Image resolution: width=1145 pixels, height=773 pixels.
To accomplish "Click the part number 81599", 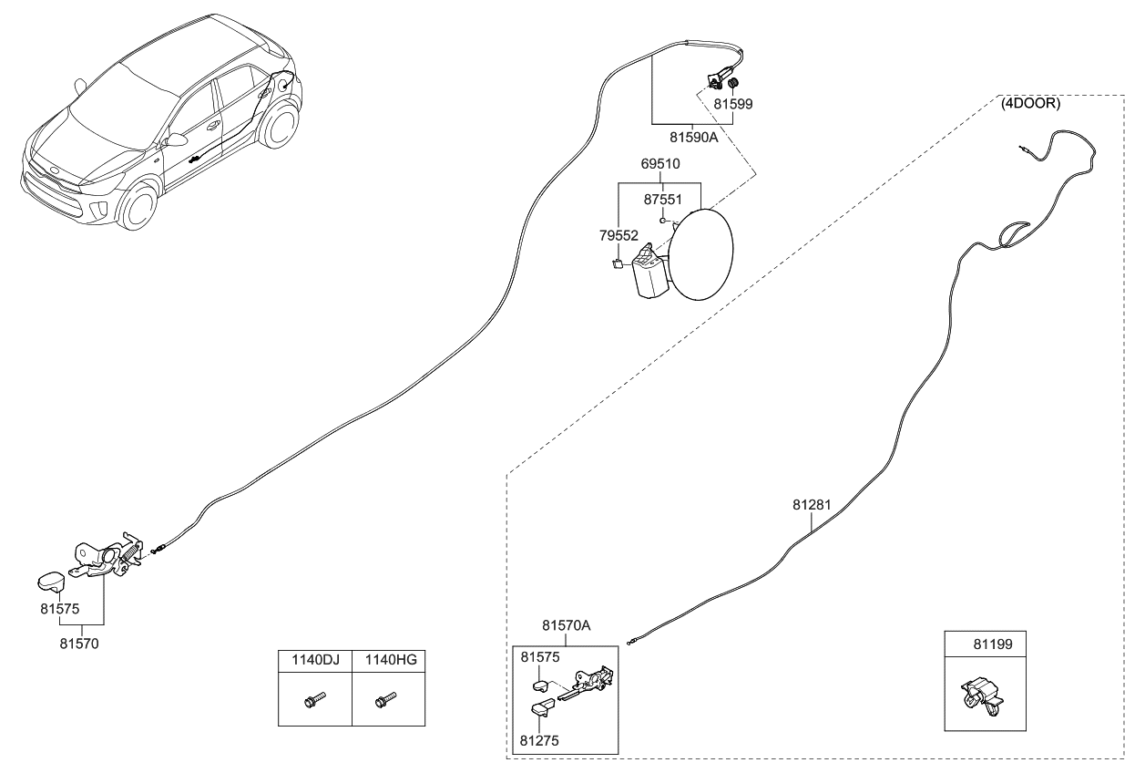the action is pyautogui.click(x=733, y=104).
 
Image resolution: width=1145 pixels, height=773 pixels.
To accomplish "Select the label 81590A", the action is pyautogui.click(x=693, y=137).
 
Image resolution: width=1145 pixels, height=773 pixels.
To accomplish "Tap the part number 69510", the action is pyautogui.click(x=660, y=164).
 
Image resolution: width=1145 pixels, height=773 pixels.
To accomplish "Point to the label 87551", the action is pyautogui.click(x=663, y=199).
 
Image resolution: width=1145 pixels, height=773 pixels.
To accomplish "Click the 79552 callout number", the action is pyautogui.click(x=619, y=235).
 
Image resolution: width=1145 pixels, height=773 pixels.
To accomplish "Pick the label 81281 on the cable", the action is pyautogui.click(x=812, y=504).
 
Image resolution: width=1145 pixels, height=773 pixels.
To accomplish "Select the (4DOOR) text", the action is pyautogui.click(x=1030, y=103).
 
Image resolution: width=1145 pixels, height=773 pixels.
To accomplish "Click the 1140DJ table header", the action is pyautogui.click(x=315, y=659).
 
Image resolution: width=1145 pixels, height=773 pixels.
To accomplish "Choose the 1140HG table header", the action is pyautogui.click(x=391, y=659).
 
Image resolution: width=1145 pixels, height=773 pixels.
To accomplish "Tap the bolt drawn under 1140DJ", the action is pyautogui.click(x=314, y=700).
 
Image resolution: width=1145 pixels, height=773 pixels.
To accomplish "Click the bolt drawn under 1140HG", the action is pyautogui.click(x=386, y=700).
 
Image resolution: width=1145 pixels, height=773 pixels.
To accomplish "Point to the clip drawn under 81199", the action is pyautogui.click(x=981, y=696).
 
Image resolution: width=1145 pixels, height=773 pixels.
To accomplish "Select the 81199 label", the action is pyautogui.click(x=993, y=644).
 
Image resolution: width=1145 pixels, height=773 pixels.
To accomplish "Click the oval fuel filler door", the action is pyautogui.click(x=700, y=254).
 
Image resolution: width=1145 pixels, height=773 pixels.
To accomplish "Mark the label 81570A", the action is pyautogui.click(x=567, y=625).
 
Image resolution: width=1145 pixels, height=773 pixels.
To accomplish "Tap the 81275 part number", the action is pyautogui.click(x=539, y=740).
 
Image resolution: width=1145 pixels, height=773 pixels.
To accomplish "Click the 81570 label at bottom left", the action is pyautogui.click(x=79, y=644).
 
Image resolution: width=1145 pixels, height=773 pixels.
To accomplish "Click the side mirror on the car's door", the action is pyautogui.click(x=175, y=140).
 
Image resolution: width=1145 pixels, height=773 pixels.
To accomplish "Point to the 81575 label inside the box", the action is pyautogui.click(x=540, y=657).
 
